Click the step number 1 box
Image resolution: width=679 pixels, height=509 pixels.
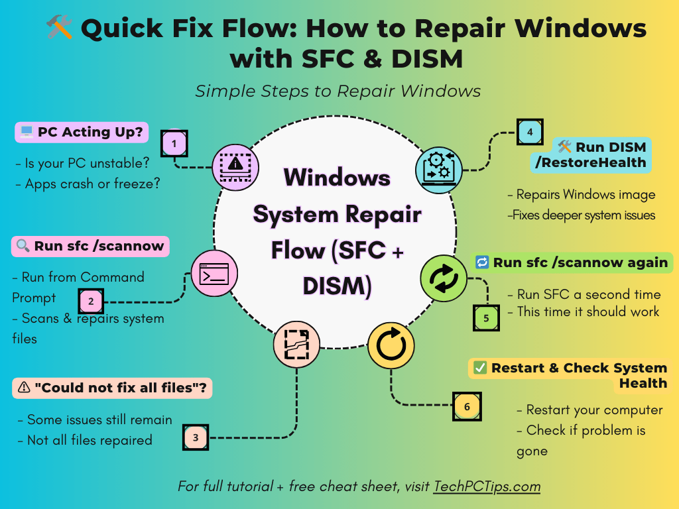click(174, 143)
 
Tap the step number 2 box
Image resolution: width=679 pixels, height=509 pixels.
click(92, 302)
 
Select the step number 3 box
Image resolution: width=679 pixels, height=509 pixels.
click(195, 437)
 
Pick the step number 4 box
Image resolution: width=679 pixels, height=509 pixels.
click(530, 132)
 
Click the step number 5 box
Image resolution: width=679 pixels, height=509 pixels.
click(486, 318)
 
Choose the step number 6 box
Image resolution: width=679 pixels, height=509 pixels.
click(467, 406)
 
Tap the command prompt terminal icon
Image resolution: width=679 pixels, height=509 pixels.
click(214, 273)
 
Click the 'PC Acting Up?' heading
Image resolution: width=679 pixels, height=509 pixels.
click(82, 132)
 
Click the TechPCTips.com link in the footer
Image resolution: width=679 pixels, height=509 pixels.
click(487, 486)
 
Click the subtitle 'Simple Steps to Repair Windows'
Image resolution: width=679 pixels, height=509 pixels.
click(338, 91)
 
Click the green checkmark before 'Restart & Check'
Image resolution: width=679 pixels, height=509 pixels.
click(480, 368)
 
